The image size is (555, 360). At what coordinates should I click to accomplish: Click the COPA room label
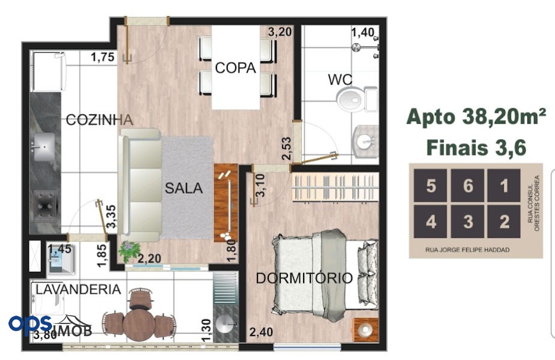(235, 68)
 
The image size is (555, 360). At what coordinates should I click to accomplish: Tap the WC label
(340, 80)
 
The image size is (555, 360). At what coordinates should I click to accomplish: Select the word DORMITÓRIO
(304, 278)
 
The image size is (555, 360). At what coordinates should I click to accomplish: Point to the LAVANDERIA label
(78, 289)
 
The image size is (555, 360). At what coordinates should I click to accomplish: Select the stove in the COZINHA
(44, 206)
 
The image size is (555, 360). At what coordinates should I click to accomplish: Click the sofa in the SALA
(140, 185)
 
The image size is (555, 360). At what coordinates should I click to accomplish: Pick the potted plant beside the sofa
(129, 251)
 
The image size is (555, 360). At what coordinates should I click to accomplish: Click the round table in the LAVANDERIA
(139, 323)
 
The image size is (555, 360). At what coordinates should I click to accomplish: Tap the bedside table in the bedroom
(365, 330)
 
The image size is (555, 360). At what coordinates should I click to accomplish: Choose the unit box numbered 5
(430, 185)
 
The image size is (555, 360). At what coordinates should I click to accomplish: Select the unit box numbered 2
(504, 221)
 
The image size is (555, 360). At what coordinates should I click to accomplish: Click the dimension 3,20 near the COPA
(280, 32)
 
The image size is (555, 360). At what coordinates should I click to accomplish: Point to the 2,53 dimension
(287, 148)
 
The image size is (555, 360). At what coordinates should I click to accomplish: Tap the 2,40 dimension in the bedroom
(261, 332)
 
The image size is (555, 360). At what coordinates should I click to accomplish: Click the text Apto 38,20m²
(476, 116)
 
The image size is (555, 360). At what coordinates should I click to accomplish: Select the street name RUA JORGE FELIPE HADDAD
(467, 250)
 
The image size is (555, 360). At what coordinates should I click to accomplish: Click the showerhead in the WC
(356, 47)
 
